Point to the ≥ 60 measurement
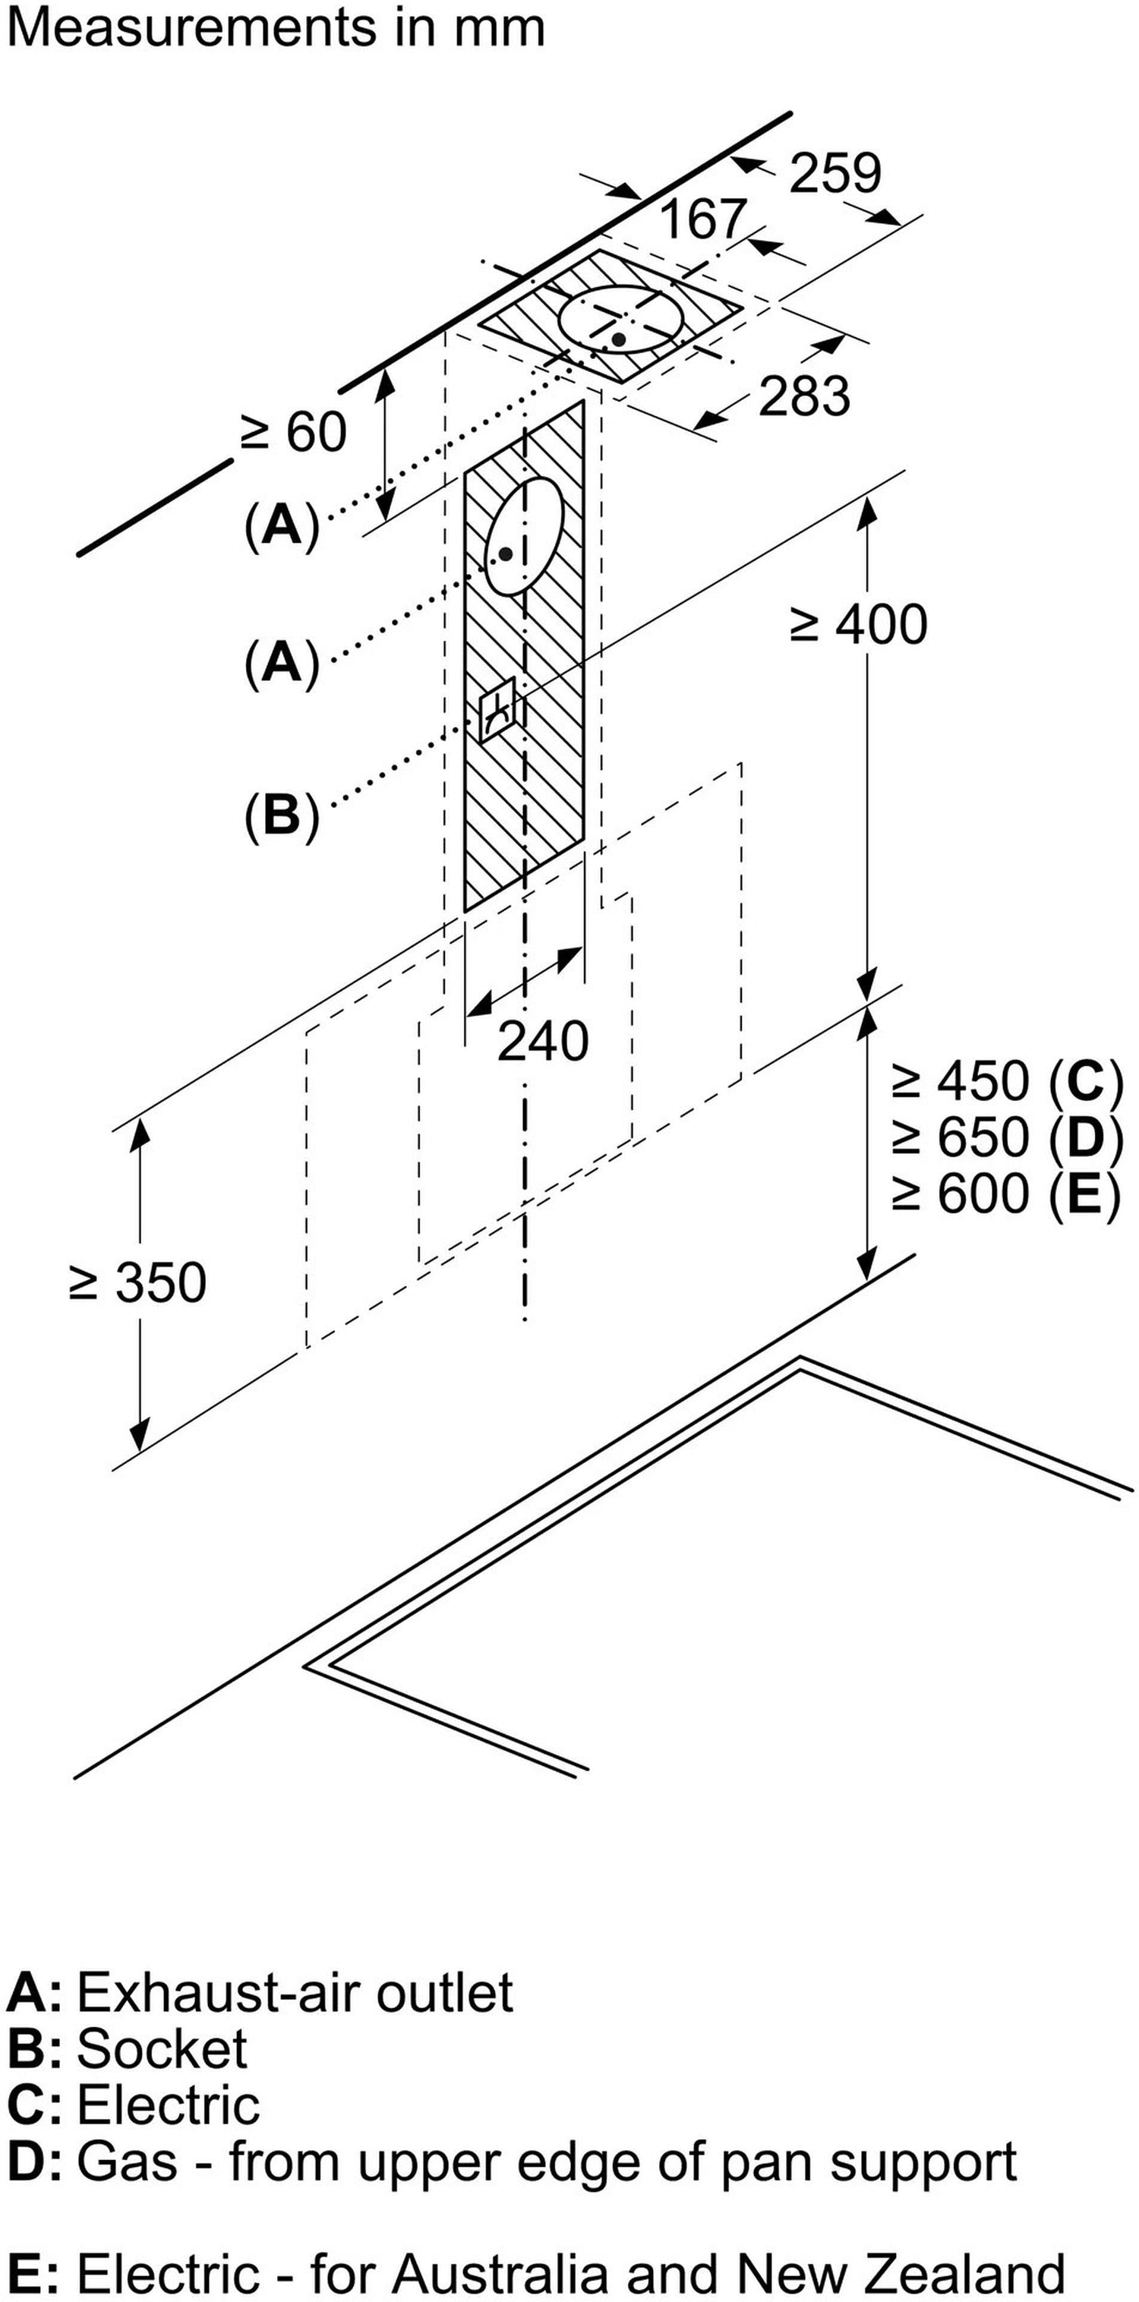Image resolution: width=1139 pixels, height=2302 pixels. pyautogui.click(x=294, y=433)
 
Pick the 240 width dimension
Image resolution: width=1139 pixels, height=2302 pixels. pyautogui.click(x=543, y=1041)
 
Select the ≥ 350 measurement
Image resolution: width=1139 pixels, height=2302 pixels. pyautogui.click(x=137, y=1282)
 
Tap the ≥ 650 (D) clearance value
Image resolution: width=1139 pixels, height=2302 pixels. pyautogui.click(x=1006, y=1137)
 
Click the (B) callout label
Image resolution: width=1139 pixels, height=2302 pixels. pyautogui.click(x=282, y=815)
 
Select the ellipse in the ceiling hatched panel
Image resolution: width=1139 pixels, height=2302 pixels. pyautogui.click(x=622, y=320)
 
